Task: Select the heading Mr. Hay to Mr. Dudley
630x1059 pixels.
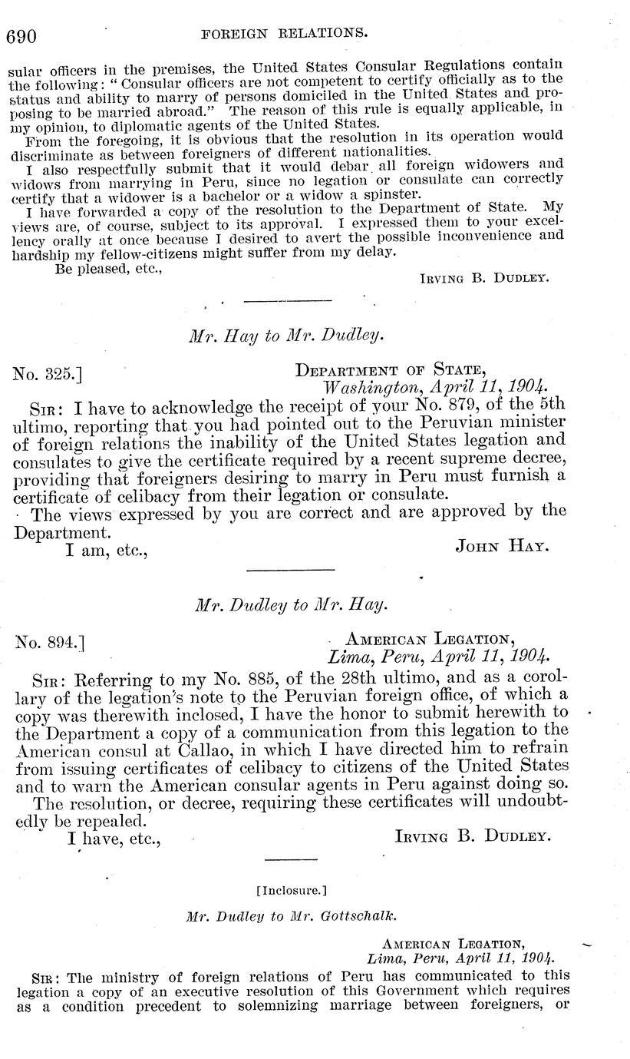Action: pyautogui.click(x=286, y=335)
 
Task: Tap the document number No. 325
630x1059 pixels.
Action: pyautogui.click(x=48, y=374)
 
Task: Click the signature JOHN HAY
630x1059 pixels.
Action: pyautogui.click(x=501, y=546)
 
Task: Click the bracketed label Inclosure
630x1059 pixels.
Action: pyautogui.click(x=291, y=891)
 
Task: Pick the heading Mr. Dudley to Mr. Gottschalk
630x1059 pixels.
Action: pyautogui.click(x=291, y=916)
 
